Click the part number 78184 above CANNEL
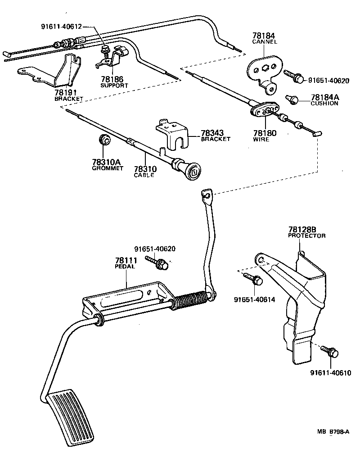tap(264, 36)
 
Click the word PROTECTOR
tap(306, 235)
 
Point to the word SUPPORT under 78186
tap(114, 85)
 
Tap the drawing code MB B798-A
tap(333, 431)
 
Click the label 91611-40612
tap(61, 27)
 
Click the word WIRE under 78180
tap(261, 139)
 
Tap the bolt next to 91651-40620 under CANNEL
tap(295, 77)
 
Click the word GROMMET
tap(107, 168)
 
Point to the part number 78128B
tap(303, 229)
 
